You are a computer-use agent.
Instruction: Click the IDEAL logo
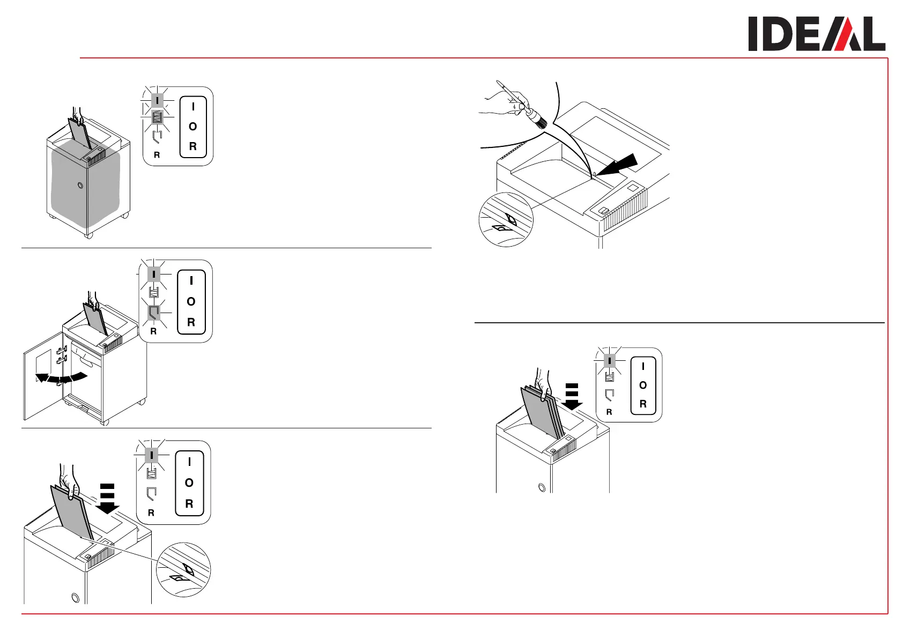816,34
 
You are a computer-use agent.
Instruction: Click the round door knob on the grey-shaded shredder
80,186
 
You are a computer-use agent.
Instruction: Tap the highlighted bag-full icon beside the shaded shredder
157,117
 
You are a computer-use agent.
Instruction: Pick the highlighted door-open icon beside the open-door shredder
154,311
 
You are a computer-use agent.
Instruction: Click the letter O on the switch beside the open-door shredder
191,302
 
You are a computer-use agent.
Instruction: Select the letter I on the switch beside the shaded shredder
193,107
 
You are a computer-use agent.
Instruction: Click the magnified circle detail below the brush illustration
506,220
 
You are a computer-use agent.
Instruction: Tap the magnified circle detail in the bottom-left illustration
183,569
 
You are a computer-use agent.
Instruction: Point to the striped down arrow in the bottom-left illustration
108,499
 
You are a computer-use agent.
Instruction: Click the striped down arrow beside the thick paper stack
572,397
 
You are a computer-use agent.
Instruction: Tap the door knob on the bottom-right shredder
541,487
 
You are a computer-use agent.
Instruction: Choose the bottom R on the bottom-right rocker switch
643,404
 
